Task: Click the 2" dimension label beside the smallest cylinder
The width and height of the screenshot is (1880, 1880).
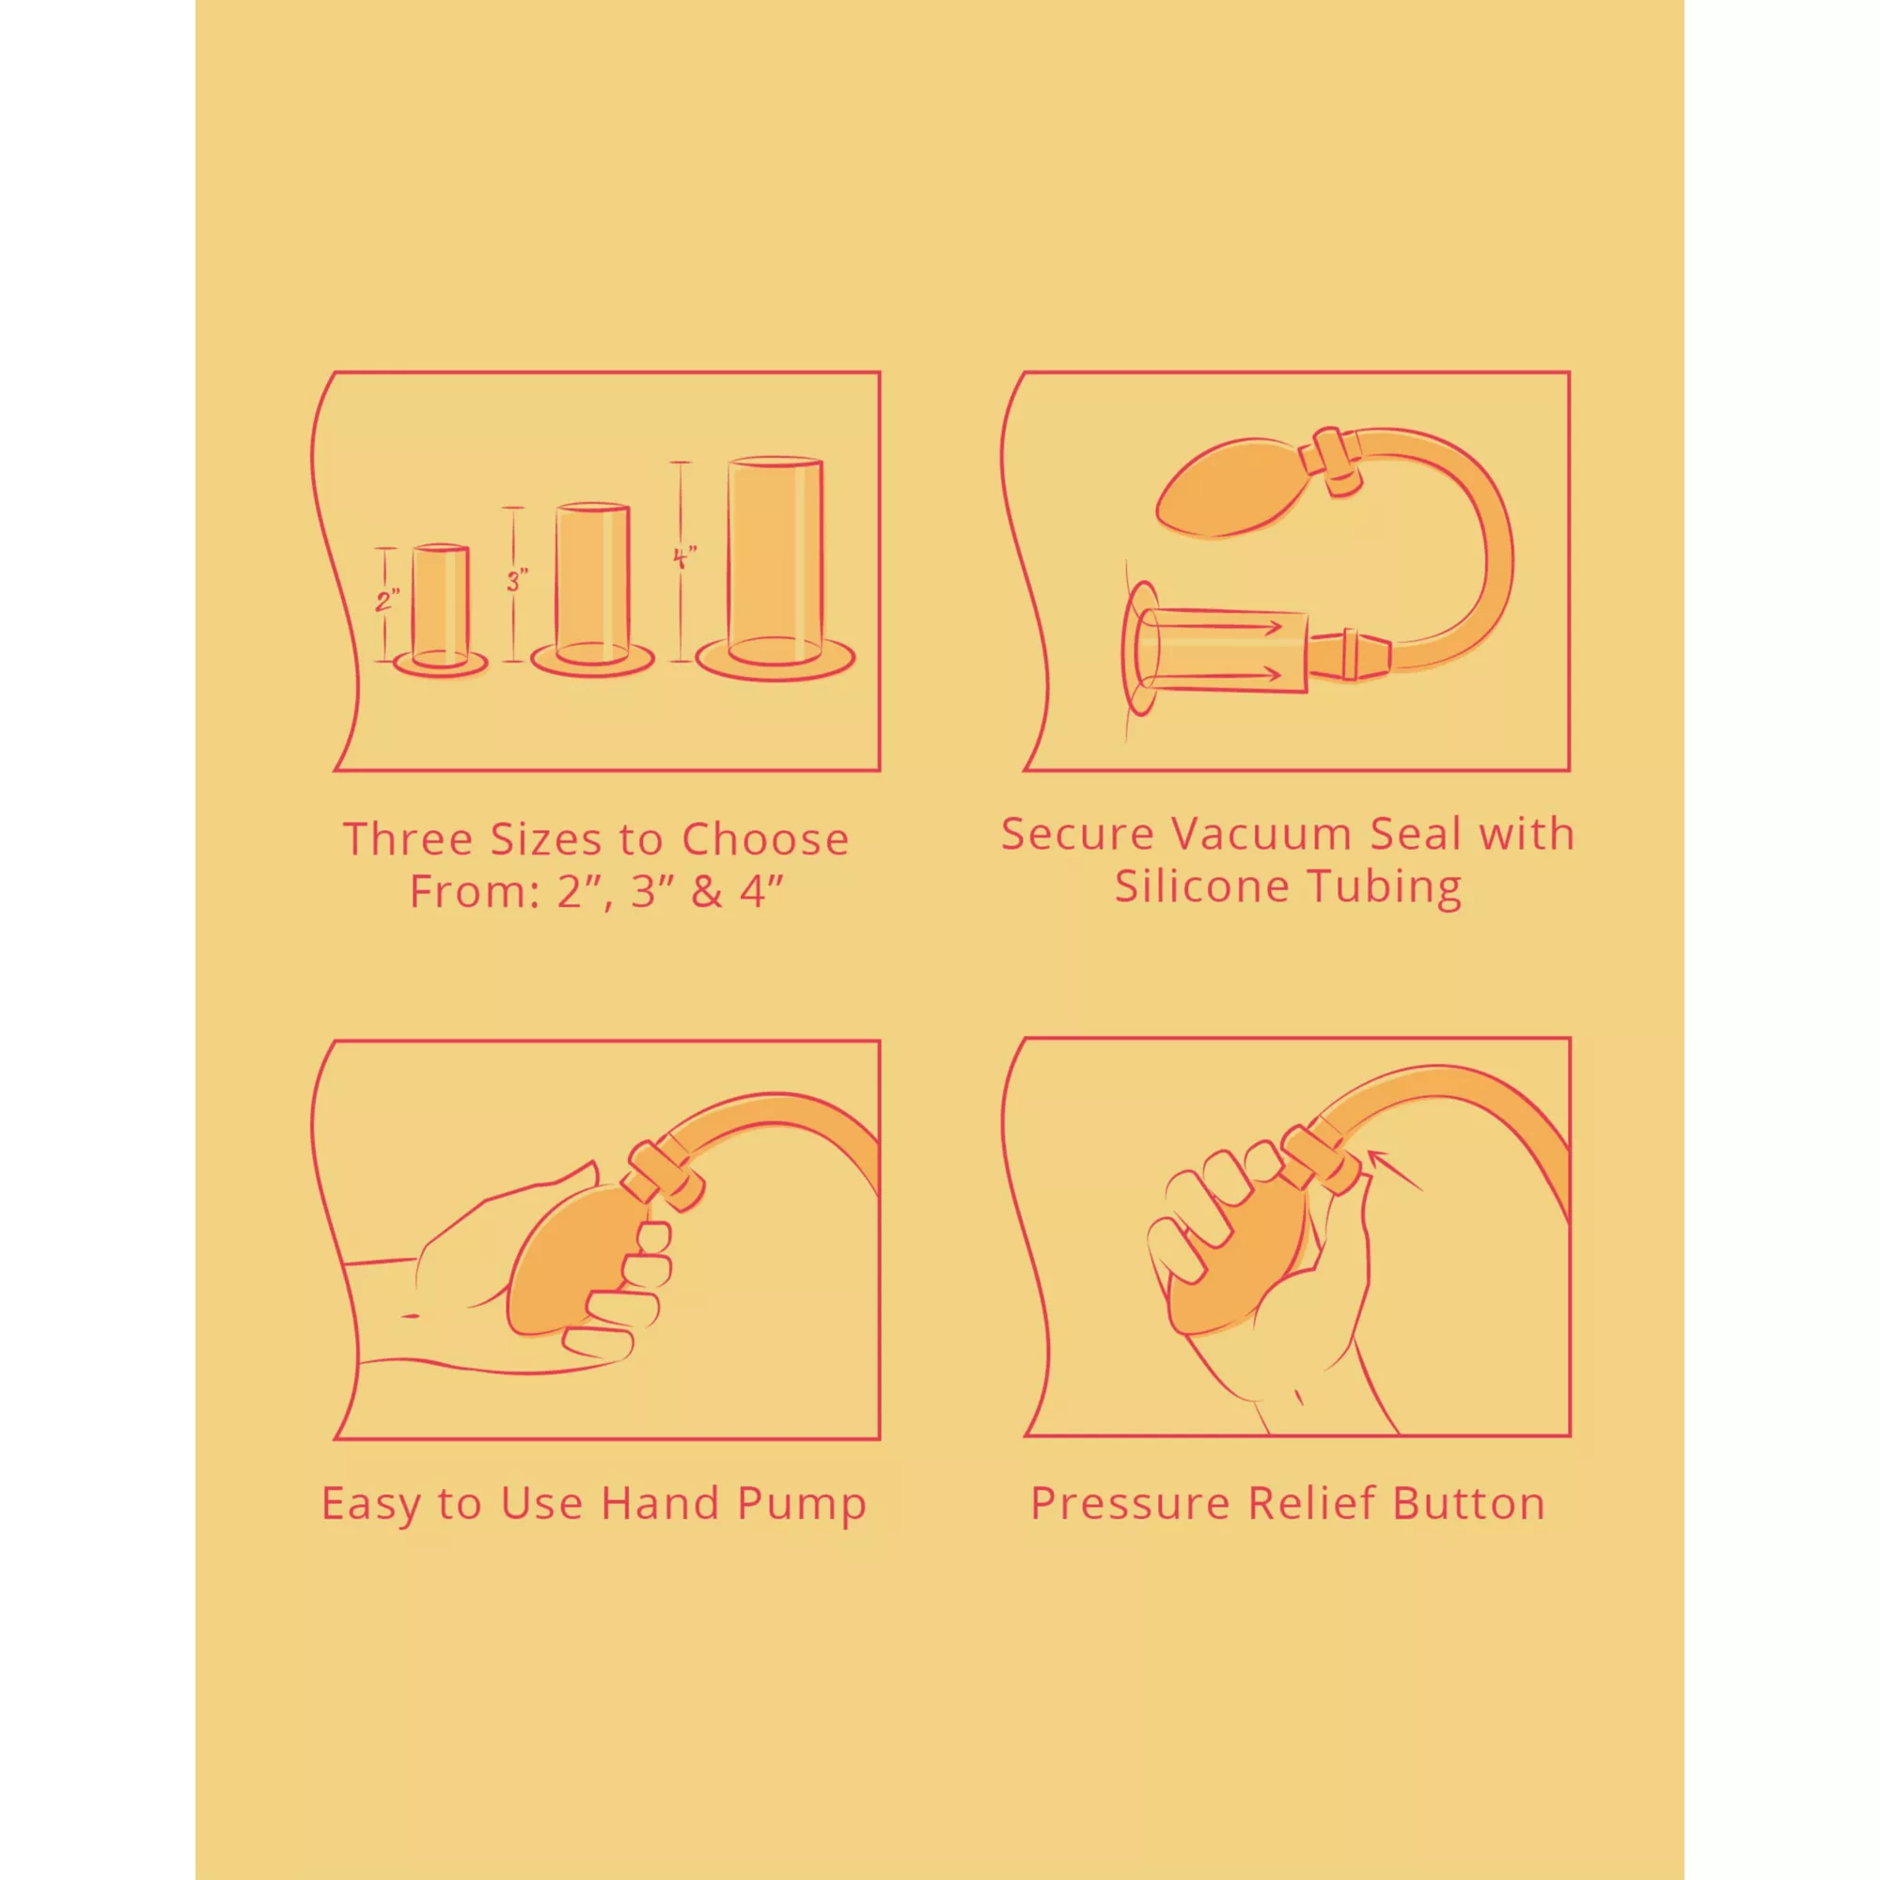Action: coord(387,601)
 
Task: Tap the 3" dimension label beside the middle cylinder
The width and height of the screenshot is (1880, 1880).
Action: coord(517,581)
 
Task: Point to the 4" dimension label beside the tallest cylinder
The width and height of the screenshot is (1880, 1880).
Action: coord(684,557)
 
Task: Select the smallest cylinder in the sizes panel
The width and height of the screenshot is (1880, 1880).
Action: coord(440,607)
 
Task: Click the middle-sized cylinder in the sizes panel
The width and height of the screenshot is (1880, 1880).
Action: coord(592,587)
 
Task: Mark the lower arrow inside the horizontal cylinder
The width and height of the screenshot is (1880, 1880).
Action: coord(1211,673)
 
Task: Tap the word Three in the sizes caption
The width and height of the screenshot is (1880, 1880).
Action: coord(408,838)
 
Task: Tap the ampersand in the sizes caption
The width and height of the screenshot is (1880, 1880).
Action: coord(707,891)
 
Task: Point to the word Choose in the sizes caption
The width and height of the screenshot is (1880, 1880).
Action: coord(765,838)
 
